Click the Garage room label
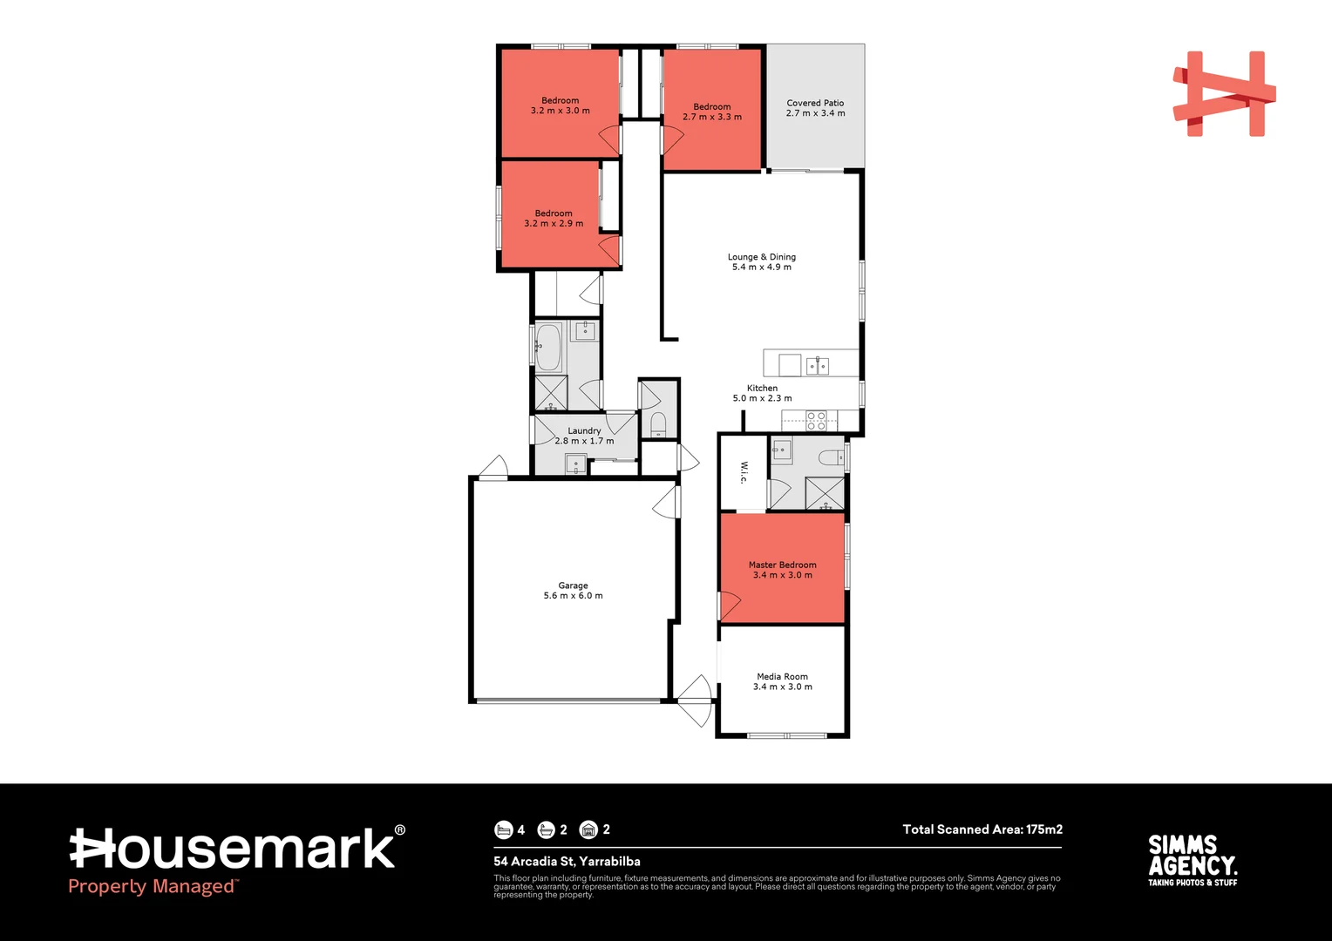573,591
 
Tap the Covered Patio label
815,108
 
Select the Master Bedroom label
782,570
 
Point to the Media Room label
782,681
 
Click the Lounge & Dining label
761,261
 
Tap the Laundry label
584,436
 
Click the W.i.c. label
744,472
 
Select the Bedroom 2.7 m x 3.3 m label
711,112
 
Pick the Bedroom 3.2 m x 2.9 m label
554,218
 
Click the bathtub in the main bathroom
548,347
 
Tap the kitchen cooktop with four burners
816,422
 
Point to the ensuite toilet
831,457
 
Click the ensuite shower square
824,493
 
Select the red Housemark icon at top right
1224,94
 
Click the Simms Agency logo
1192,861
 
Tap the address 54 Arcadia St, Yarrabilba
567,862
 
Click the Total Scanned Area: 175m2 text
982,829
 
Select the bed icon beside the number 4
503,829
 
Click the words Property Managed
152,887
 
